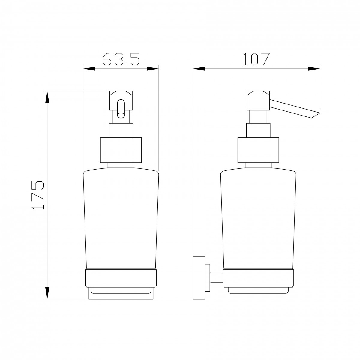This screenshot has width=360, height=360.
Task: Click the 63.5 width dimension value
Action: click(121, 59)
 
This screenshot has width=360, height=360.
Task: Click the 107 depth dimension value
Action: click(256, 59)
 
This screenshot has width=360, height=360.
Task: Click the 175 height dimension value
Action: click(38, 195)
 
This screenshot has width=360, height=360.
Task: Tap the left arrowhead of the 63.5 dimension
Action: click(89, 69)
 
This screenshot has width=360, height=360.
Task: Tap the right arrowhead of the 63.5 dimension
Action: click(153, 69)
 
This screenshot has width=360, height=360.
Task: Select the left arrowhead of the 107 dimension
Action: click(199, 69)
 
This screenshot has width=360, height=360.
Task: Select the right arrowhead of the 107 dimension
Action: click(314, 69)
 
